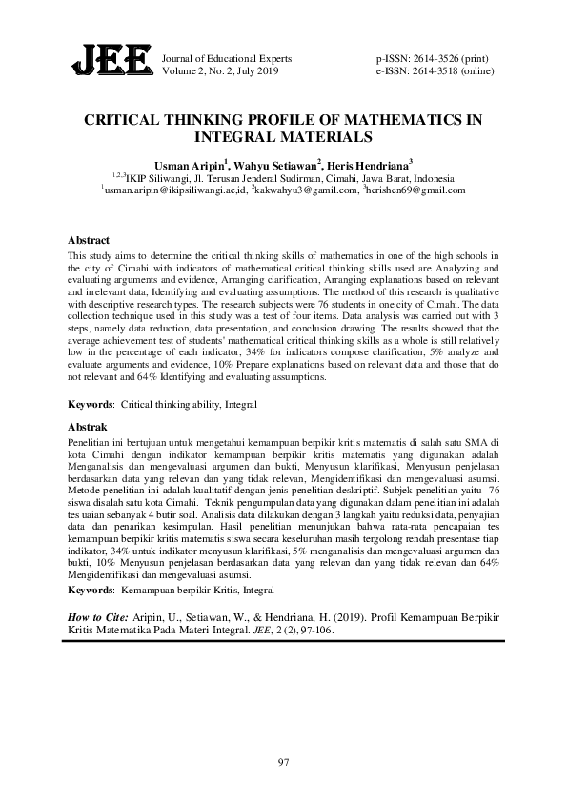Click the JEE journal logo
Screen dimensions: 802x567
[x=111, y=62]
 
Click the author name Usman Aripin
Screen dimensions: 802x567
[x=187, y=164]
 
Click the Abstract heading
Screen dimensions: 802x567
[x=90, y=240]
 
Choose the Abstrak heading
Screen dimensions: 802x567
[x=89, y=428]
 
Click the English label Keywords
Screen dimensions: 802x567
[x=91, y=404]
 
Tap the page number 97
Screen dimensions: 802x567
[x=283, y=762]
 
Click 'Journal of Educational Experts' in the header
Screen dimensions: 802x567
[x=228, y=58]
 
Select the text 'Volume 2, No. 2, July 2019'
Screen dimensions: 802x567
[x=221, y=70]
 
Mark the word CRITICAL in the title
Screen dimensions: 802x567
[x=129, y=121]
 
